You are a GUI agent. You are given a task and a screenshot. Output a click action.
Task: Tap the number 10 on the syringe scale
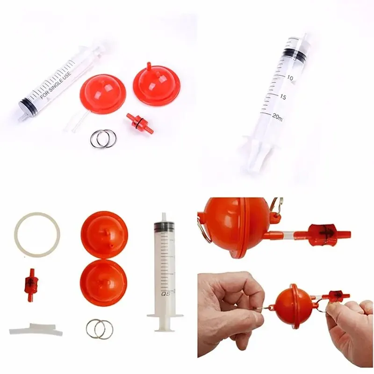click(290, 78)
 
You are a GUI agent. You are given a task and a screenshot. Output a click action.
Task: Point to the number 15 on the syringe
click(282, 97)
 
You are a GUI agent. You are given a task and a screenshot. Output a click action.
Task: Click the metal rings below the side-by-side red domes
click(102, 138)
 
